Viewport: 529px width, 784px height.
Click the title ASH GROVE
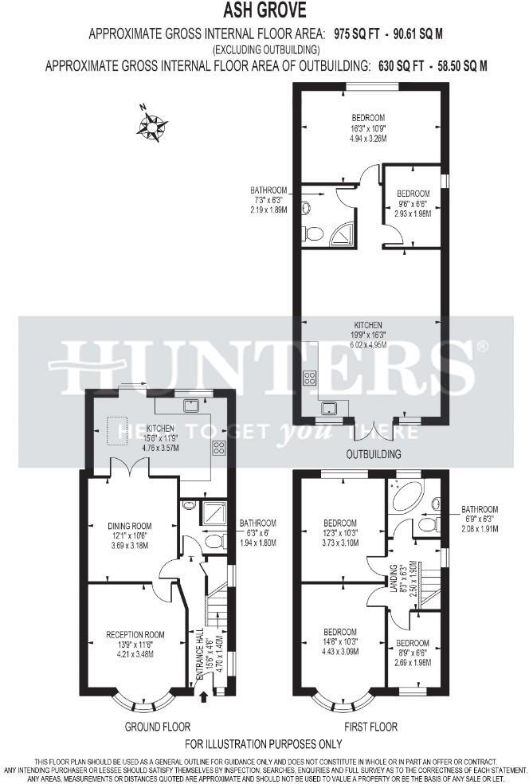tap(264, 11)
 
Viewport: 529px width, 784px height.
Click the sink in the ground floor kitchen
tap(191, 406)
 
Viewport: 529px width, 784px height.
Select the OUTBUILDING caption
tap(374, 454)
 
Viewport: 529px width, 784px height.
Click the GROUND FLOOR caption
tap(157, 727)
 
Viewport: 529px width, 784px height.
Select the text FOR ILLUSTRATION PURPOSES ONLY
tap(264, 744)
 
